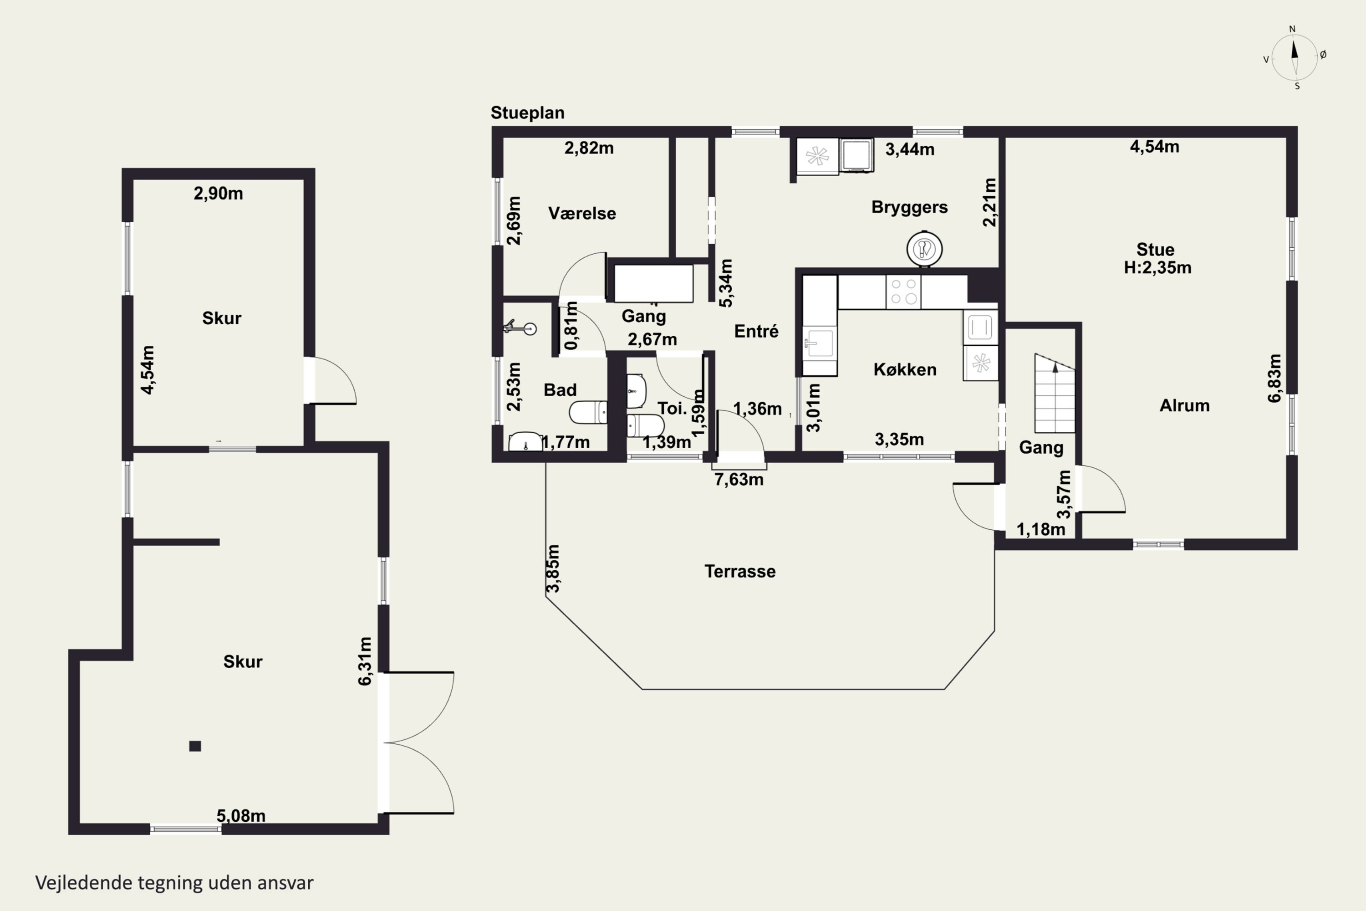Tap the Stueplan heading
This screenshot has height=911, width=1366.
[527, 113]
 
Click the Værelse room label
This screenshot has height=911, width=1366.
[582, 213]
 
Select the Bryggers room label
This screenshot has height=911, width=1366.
[909, 207]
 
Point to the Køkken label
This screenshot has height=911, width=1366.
[905, 369]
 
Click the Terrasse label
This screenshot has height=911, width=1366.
[740, 571]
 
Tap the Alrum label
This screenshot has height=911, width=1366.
[1184, 405]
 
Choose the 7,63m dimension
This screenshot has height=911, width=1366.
[739, 480]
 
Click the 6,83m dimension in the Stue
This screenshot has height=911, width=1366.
[1274, 378]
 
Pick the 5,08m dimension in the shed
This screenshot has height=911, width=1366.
[241, 816]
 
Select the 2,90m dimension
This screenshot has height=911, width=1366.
[219, 194]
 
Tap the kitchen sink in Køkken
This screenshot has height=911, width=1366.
[820, 343]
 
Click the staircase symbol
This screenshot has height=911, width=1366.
[1055, 394]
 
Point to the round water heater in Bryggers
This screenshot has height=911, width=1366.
[924, 249]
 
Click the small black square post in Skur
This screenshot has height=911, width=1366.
[195, 746]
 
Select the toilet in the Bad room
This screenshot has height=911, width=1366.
[588, 413]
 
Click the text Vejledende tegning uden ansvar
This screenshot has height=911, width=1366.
[174, 883]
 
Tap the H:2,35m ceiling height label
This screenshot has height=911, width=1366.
[1157, 268]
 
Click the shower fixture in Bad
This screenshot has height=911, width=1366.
[520, 328]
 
